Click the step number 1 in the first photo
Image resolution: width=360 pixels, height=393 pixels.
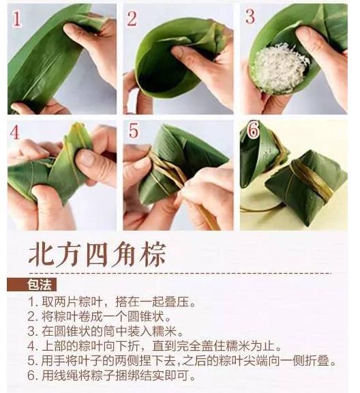pos(17,18)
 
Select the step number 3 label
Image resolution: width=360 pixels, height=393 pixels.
pos(250,16)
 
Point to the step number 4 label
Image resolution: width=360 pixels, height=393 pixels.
pos(15,132)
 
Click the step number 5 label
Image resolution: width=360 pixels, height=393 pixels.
pos(133,130)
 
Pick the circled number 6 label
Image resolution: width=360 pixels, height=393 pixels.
pos(253,130)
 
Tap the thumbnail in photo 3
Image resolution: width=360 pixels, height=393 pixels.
pos(305,34)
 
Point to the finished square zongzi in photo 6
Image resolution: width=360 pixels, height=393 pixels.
pos(306,187)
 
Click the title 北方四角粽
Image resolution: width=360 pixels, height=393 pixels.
pos(97,254)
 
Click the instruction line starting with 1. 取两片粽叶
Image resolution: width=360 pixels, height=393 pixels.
pos(112,302)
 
